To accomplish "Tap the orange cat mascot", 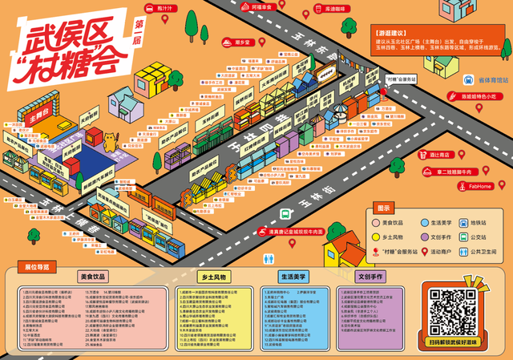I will [x=110, y=138].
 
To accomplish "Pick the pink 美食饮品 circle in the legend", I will [x=376, y=222].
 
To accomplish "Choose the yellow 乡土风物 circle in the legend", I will [x=376, y=237].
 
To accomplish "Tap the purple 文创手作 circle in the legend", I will [x=422, y=237].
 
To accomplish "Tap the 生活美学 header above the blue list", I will [x=284, y=276].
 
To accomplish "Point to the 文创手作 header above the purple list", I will [x=372, y=276].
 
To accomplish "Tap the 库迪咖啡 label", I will [x=318, y=9].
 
